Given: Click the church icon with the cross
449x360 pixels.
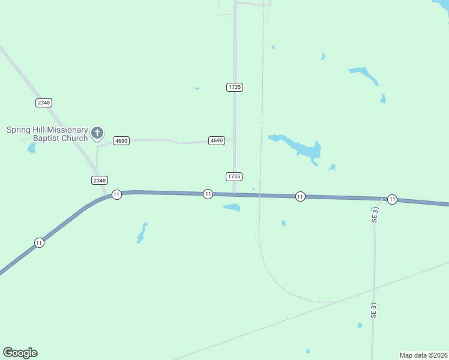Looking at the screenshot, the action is click(x=97, y=133).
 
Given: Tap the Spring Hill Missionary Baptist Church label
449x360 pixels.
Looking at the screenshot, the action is click(x=47, y=134).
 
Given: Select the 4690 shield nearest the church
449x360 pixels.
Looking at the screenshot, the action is click(x=121, y=140).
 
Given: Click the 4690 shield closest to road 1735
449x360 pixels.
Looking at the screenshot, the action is click(x=217, y=140).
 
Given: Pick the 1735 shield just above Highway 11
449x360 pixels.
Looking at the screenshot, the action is click(x=234, y=176).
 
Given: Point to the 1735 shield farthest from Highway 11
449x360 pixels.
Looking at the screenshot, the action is click(x=235, y=87).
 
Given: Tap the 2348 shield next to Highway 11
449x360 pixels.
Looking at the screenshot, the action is click(x=100, y=180).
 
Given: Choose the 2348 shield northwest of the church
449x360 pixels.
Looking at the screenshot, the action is click(x=44, y=103).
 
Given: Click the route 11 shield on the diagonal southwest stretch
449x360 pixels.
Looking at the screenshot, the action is click(x=39, y=242).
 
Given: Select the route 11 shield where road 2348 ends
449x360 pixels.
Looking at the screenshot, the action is click(x=116, y=194).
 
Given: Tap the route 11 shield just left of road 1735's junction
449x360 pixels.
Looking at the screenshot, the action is click(x=208, y=194).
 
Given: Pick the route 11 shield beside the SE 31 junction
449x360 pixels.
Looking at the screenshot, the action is click(x=392, y=199).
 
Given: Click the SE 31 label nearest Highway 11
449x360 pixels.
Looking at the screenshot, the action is click(x=375, y=214).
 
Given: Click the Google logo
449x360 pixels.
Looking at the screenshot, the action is click(x=20, y=353).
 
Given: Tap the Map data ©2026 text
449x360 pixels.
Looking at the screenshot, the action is click(x=423, y=355).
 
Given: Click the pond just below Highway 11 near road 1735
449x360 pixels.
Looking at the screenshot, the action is click(x=232, y=208).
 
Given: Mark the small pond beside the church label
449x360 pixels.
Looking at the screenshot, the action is click(x=31, y=148).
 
